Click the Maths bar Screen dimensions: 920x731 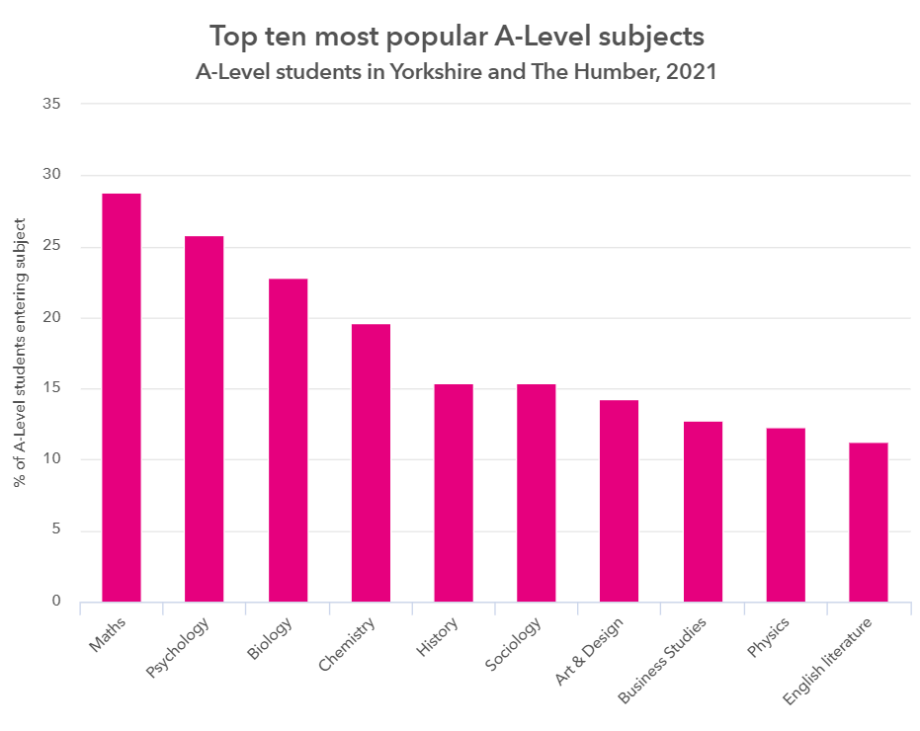pos(121,397)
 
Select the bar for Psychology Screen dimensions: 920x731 pos(204,419)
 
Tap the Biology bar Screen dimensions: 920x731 pos(288,440)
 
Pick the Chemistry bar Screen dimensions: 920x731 pos(371,462)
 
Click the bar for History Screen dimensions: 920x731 pos(454,493)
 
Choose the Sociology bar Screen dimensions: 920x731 pos(537,493)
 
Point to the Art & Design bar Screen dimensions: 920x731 pos(619,501)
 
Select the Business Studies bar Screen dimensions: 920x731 pos(703,512)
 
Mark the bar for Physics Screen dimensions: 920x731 pos(786,515)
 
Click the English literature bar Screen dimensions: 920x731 pos(869,522)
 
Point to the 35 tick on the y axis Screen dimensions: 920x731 pos(51,104)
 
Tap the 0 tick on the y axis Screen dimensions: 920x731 pos(55,602)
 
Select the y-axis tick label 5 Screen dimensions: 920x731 pos(55,530)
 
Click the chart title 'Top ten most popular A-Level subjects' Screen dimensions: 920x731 pos(457,37)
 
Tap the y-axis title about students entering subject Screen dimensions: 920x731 pos(19,354)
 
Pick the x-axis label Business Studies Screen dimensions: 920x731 pos(663,662)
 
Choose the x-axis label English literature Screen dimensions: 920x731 pos(828,663)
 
